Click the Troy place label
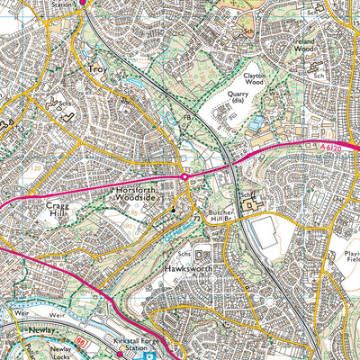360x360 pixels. click(96, 68)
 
